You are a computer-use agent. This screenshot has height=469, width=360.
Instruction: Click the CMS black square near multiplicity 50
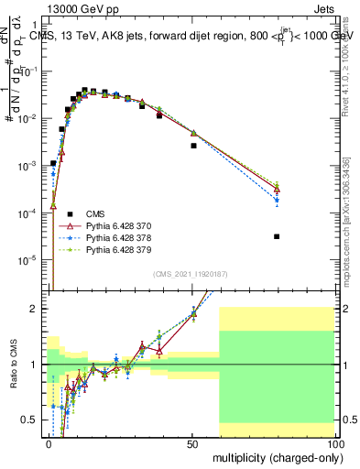click(193, 146)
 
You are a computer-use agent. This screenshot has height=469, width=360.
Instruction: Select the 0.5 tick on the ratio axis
click(29, 420)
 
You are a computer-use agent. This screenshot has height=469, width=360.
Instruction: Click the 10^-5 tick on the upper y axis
click(27, 259)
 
